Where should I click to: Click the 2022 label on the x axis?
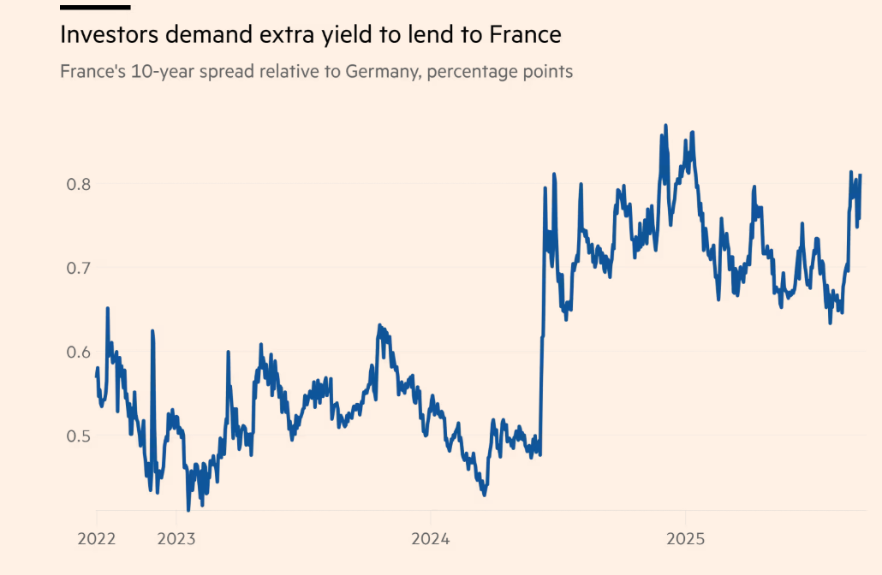(x=97, y=539)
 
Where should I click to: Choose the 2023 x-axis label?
(x=176, y=539)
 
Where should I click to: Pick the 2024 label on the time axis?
(x=431, y=539)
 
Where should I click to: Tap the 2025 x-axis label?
(x=685, y=539)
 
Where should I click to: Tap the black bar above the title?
(x=95, y=7)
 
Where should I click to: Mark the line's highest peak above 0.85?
(x=665, y=126)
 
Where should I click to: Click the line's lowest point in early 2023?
(x=188, y=510)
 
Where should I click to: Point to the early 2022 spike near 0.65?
(x=107, y=308)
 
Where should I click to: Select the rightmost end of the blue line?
(x=860, y=175)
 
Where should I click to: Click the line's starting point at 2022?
(x=96, y=376)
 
